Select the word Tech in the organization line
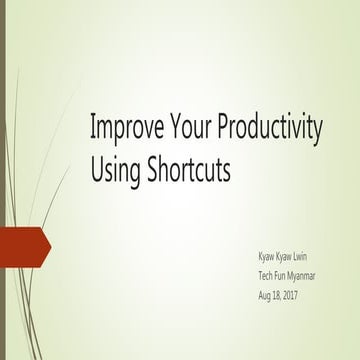pyautogui.click(x=266, y=275)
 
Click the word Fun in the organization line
pyautogui.click(x=285, y=275)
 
